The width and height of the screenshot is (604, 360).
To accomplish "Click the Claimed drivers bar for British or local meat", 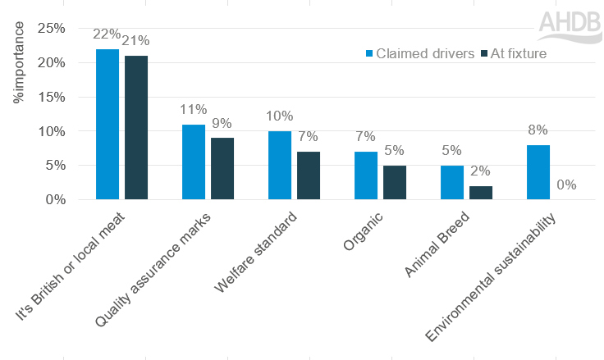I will pos(108,124).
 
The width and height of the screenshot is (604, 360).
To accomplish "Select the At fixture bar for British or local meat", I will pos(135,127).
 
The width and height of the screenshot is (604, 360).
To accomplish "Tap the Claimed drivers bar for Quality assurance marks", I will pos(194,162).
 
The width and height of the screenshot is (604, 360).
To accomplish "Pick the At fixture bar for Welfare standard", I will pos(308,175).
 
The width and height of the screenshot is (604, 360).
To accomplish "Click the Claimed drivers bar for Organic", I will pos(365,175).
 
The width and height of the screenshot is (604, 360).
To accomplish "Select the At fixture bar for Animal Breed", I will pos(480,192).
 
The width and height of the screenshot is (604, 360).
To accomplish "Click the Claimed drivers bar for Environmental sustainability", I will pos(538,172).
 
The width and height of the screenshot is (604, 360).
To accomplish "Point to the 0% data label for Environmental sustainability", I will pos(565,185).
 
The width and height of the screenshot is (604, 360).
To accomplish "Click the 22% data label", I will pos(108,34).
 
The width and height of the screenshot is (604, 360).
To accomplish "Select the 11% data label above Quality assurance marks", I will pos(194,110).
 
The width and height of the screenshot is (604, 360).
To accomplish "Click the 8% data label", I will pos(538,130).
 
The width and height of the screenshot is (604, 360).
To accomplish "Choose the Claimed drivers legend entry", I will pos(419,53).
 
